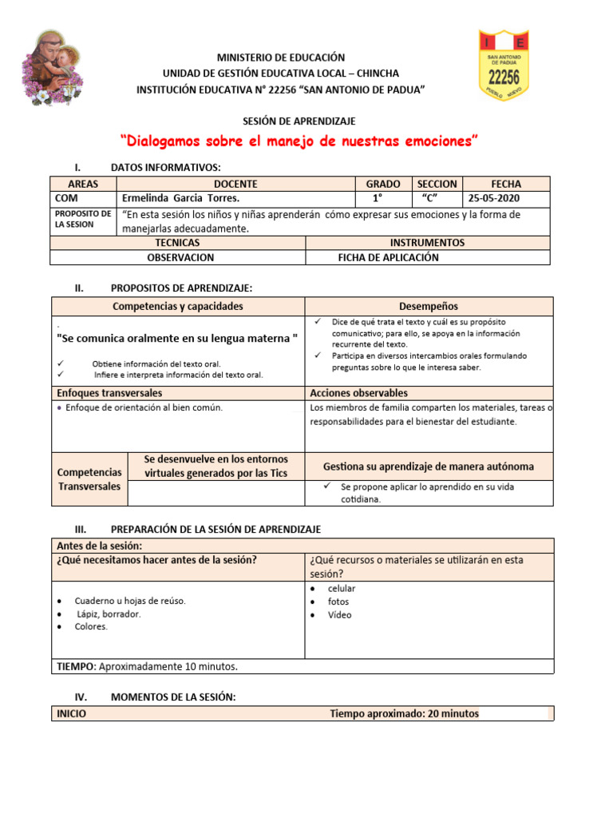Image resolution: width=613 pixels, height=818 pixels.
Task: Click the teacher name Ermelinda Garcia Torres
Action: [x=180, y=198]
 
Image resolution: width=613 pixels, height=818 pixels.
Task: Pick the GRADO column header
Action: [x=382, y=184]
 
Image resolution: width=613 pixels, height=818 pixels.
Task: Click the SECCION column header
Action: [x=437, y=184]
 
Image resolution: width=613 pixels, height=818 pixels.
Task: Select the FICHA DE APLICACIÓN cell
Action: [x=388, y=257]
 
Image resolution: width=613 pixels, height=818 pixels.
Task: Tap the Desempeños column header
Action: [x=428, y=306]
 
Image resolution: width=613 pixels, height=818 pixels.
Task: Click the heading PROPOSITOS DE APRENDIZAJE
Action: [x=181, y=288]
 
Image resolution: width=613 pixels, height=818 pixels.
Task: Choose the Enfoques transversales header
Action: [x=109, y=393]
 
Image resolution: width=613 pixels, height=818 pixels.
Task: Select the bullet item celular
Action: [x=342, y=589]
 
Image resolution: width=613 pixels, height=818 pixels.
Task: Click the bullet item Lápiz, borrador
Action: [x=109, y=614]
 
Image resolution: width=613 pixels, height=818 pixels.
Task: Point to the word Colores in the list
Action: [x=91, y=627]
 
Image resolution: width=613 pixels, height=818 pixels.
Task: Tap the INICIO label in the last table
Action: [x=72, y=713]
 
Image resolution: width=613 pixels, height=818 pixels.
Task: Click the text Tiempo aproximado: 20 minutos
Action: [x=404, y=713]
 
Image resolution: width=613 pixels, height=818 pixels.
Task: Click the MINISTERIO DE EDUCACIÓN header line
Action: [x=281, y=58]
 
